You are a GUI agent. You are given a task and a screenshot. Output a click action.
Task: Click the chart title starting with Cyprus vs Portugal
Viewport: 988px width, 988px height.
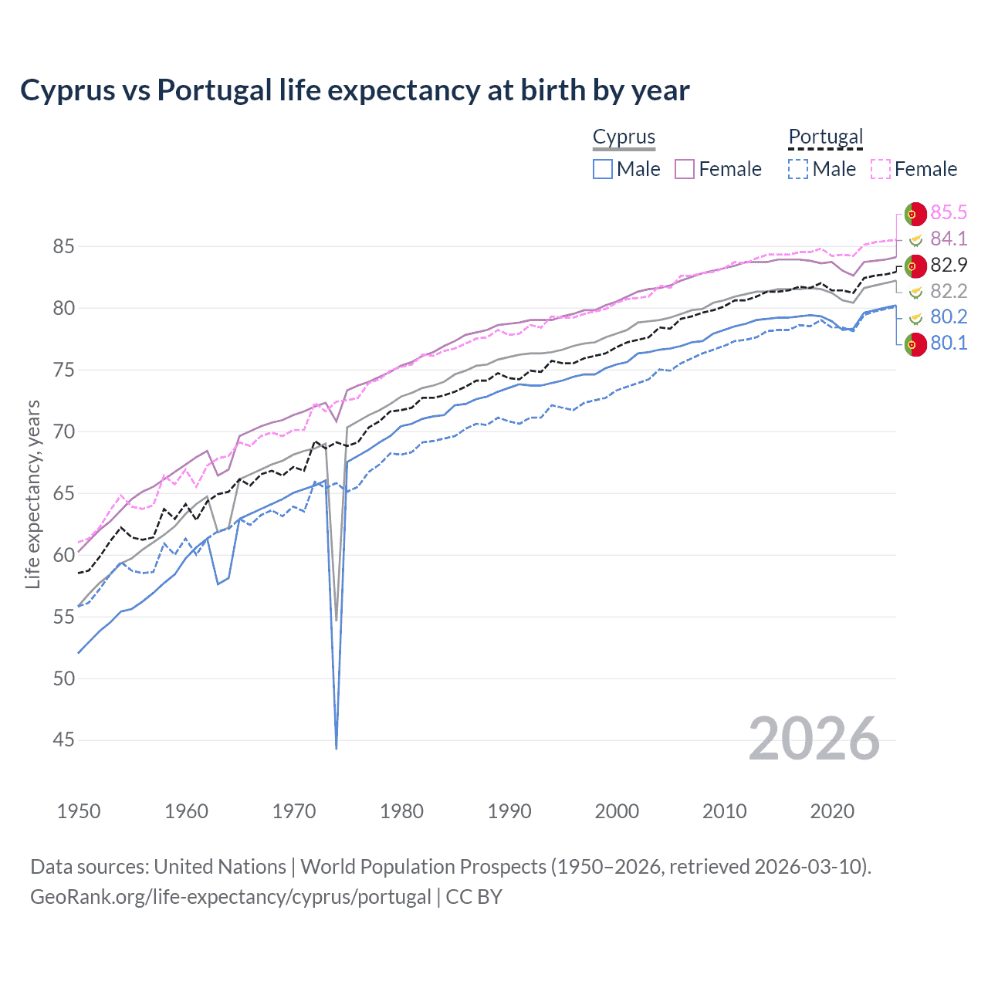click(354, 90)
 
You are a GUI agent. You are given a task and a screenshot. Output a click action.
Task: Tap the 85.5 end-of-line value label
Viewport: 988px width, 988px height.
click(949, 212)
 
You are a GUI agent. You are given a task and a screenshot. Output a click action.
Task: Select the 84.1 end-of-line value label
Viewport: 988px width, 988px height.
click(949, 239)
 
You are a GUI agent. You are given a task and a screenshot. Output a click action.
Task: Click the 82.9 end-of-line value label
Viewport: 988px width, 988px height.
click(949, 265)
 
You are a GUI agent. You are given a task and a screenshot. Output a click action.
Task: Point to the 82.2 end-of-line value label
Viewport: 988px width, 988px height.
click(949, 291)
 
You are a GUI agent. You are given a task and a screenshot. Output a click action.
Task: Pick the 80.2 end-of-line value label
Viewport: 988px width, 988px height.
click(949, 316)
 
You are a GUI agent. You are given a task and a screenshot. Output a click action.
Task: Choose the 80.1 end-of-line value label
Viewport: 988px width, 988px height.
click(949, 343)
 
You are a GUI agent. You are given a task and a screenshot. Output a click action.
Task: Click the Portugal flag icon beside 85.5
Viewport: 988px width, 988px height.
click(915, 214)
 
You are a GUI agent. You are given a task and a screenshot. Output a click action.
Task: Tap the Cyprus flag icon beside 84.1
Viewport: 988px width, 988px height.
click(915, 239)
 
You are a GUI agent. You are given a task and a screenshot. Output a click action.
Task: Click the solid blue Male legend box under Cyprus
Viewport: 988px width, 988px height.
click(603, 169)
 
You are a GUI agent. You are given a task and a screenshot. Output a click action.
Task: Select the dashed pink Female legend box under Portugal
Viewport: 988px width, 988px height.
click(881, 169)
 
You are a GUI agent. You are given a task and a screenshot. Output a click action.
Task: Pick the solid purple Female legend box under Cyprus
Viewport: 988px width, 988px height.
click(685, 169)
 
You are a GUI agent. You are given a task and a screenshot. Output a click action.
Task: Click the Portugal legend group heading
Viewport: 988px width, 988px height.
click(825, 137)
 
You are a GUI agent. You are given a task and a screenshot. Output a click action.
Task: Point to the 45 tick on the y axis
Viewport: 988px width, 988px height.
click(64, 740)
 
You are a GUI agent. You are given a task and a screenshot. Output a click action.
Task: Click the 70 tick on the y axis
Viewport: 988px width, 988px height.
click(64, 431)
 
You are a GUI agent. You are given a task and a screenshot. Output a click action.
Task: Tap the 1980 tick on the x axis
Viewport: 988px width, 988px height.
click(401, 811)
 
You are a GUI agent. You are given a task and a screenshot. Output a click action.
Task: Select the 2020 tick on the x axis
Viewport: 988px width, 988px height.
click(832, 811)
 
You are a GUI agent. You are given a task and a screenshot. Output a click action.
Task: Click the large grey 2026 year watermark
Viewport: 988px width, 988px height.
click(814, 739)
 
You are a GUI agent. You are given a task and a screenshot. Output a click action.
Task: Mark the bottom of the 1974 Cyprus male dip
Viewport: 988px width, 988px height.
click(337, 747)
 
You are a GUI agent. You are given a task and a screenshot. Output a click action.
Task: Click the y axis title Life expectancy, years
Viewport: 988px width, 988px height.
click(33, 494)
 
